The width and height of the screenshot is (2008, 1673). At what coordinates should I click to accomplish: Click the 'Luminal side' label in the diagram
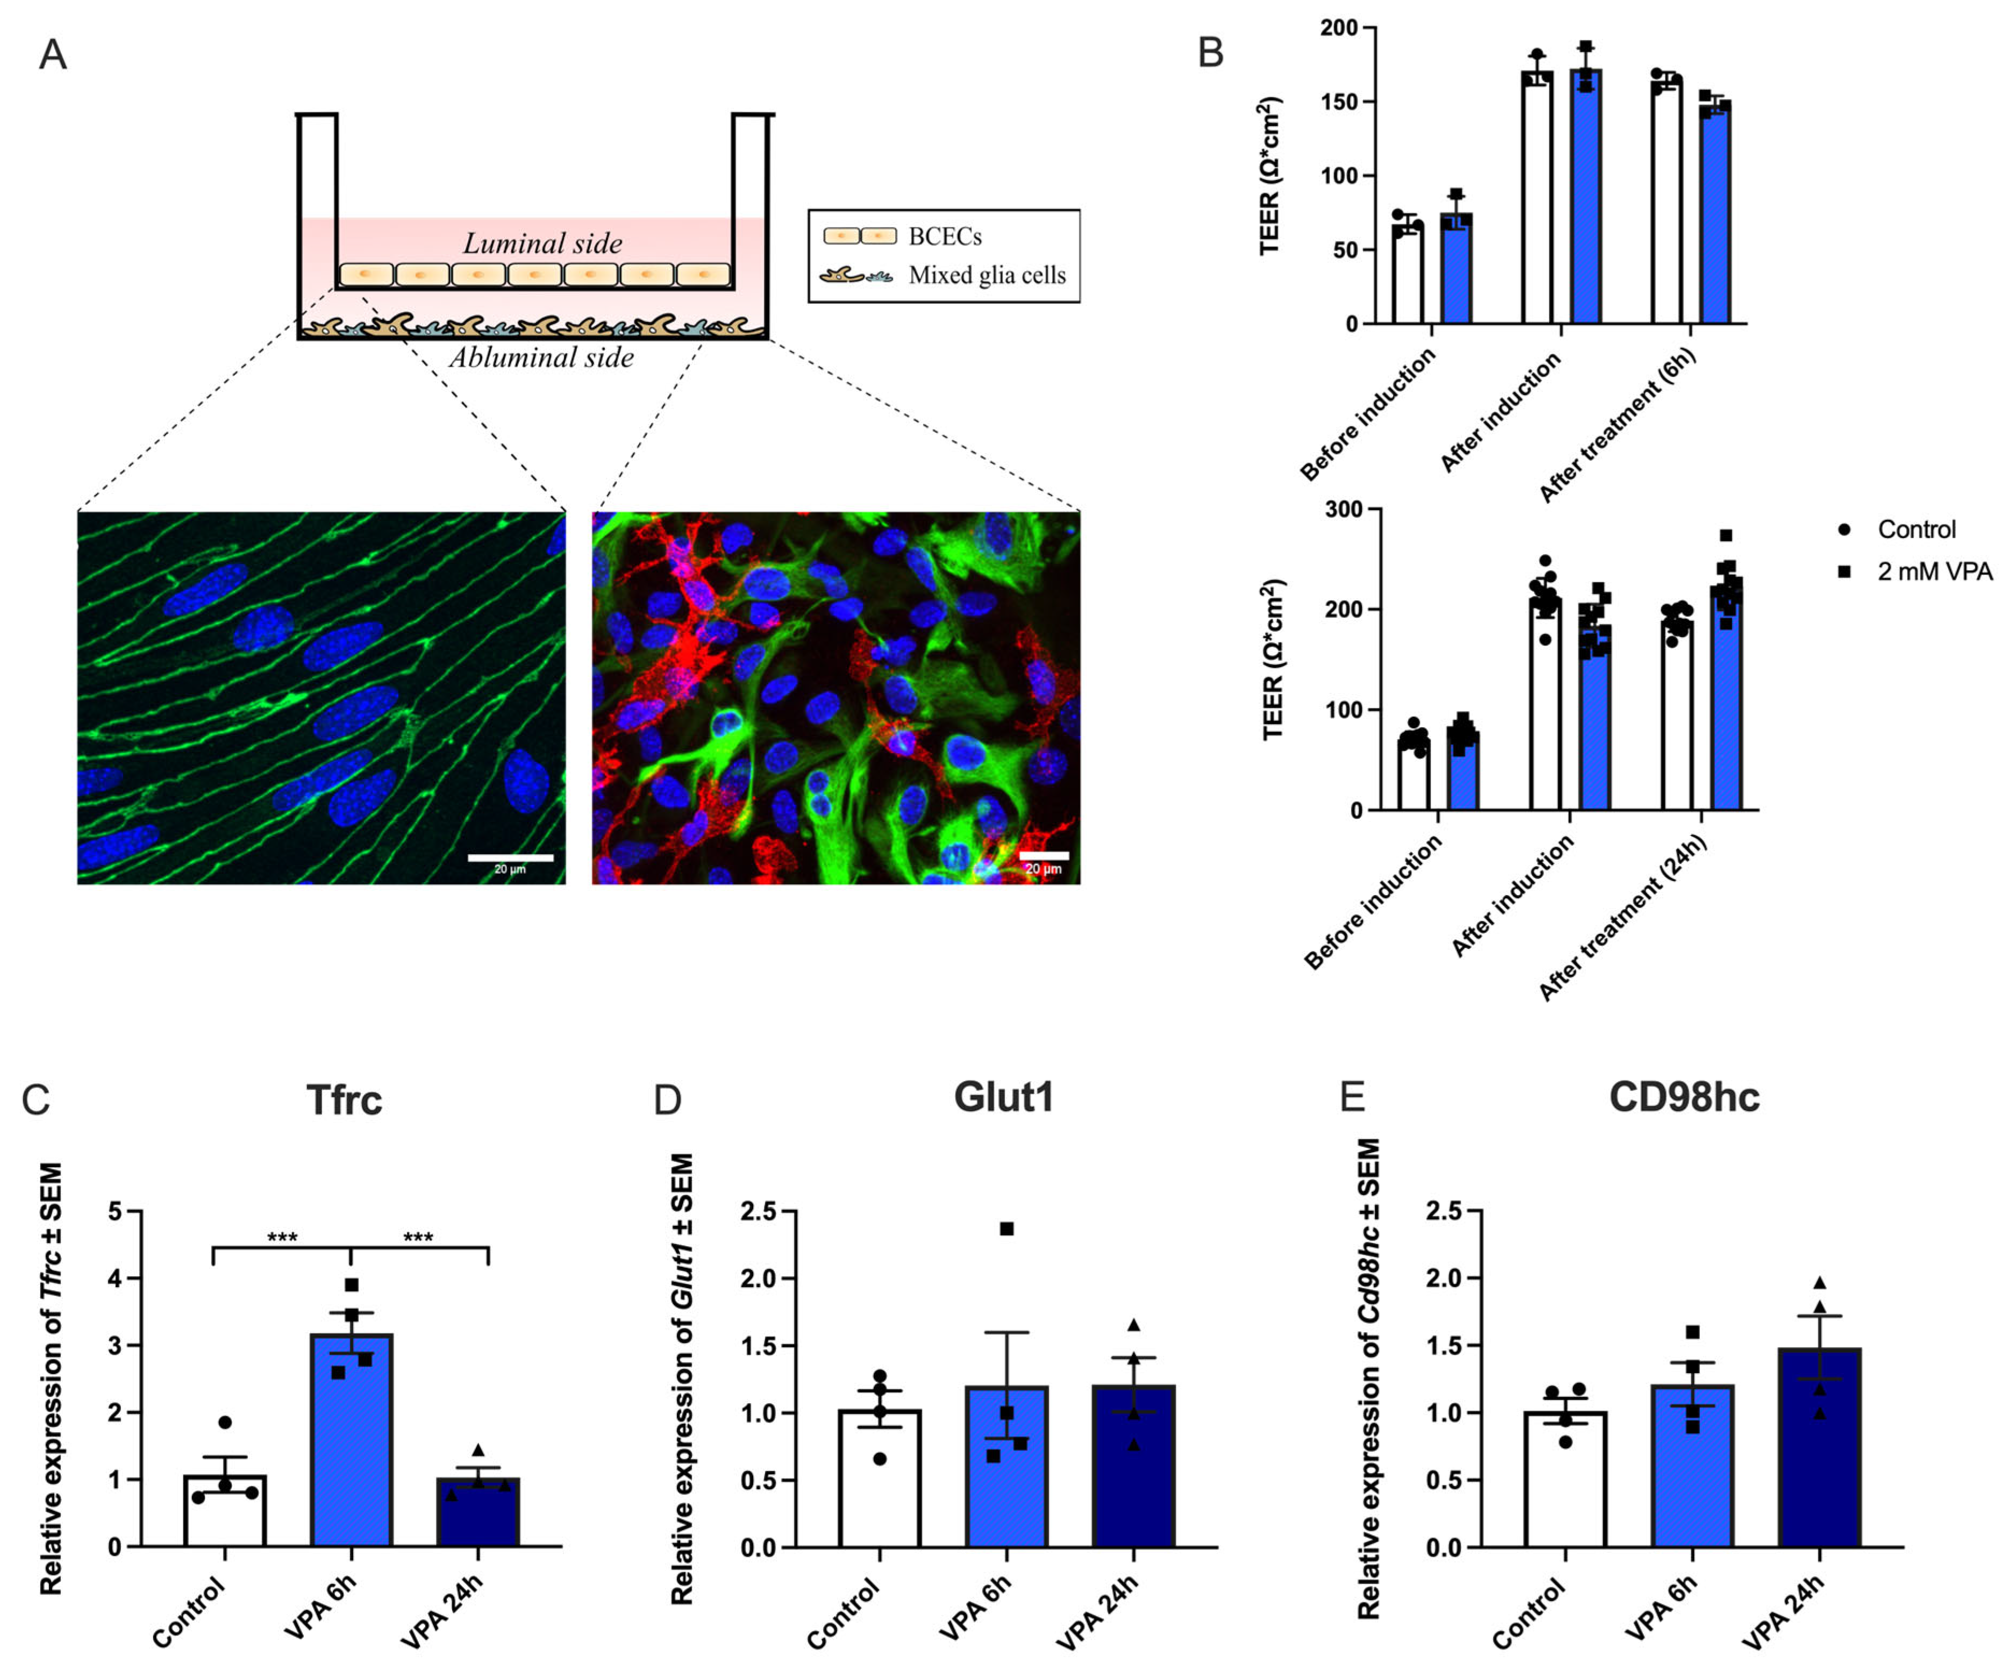(542, 244)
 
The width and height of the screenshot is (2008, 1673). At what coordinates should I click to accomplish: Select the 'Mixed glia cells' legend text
(987, 275)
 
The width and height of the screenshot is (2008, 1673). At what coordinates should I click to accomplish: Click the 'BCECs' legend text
(945, 236)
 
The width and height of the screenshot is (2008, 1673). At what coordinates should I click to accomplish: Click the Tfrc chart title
(344, 1099)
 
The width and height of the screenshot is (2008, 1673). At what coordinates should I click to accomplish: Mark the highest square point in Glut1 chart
(1007, 1228)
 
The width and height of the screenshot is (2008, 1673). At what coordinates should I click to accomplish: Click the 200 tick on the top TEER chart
(1339, 28)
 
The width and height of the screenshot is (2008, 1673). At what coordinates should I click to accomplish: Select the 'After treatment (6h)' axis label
(1618, 425)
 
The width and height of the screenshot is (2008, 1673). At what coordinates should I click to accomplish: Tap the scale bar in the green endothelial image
(510, 857)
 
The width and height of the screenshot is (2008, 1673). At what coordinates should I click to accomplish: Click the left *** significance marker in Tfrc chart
(282, 1237)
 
